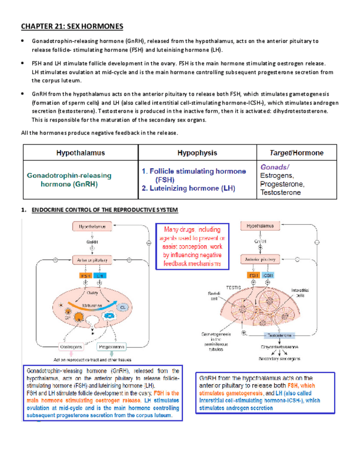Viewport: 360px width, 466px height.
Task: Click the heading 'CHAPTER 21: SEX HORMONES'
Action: [72, 26]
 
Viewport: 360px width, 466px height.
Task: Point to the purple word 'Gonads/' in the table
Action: [274, 167]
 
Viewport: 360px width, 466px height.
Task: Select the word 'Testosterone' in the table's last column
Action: [280, 193]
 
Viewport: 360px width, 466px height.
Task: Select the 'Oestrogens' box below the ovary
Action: [71, 347]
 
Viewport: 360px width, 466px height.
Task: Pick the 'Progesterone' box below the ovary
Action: [112, 347]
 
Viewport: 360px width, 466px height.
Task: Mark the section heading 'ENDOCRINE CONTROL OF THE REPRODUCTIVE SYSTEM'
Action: [104, 210]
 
